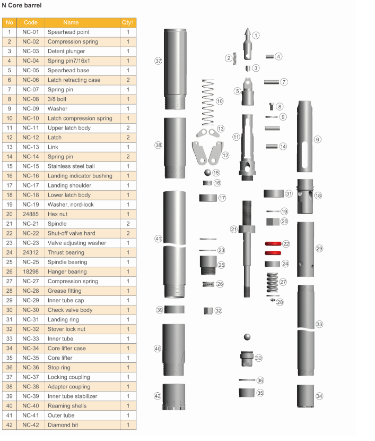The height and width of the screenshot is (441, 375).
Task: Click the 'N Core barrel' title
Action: tap(22, 5)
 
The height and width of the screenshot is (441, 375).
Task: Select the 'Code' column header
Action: tap(31, 22)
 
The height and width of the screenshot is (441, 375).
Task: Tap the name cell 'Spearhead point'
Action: tap(68, 32)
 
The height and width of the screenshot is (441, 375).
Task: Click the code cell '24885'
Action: tap(31, 214)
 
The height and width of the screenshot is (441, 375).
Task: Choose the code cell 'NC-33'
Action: tap(31, 338)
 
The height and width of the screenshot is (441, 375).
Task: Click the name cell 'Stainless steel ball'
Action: tap(71, 166)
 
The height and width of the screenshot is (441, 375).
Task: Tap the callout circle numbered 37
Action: tap(158, 61)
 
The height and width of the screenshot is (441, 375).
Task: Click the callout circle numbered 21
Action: tap(234, 229)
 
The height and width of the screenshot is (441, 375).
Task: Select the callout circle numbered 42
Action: tap(158, 396)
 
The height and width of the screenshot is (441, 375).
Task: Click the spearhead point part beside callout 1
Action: tap(247, 44)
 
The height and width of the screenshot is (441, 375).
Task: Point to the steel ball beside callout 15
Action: tap(207, 172)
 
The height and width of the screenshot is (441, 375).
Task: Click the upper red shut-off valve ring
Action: tap(273, 243)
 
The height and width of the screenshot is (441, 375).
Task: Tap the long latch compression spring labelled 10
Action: tap(208, 103)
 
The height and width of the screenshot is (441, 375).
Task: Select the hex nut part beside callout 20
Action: tap(273, 222)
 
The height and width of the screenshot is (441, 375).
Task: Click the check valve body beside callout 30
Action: tap(247, 359)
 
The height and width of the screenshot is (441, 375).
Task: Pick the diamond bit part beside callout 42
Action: tap(174, 396)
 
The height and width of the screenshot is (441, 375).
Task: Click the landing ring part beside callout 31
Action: tap(274, 193)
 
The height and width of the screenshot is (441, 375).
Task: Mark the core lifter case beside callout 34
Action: tap(306, 396)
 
